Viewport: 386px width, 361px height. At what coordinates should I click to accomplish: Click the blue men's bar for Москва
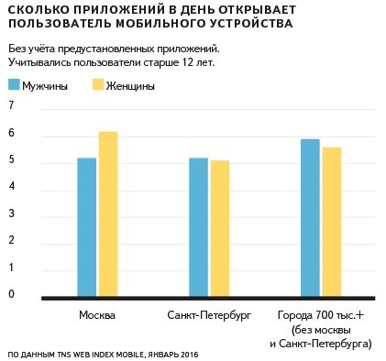pos(87,226)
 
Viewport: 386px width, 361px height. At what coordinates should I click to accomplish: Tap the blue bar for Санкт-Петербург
pos(198,226)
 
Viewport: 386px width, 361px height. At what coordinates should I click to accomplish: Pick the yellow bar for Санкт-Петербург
pos(220,228)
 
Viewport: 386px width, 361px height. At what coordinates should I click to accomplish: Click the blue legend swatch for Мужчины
pos(15,85)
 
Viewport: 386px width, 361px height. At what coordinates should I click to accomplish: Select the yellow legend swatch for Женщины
pos(101,85)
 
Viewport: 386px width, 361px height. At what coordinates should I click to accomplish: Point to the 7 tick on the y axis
pos(11,106)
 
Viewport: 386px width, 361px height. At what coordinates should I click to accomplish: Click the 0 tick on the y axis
pos(11,294)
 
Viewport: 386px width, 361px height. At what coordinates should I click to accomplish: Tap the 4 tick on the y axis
pos(11,187)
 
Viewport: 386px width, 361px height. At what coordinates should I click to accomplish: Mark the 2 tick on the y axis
pos(11,241)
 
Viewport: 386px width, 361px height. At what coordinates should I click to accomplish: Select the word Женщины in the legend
pos(132,86)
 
